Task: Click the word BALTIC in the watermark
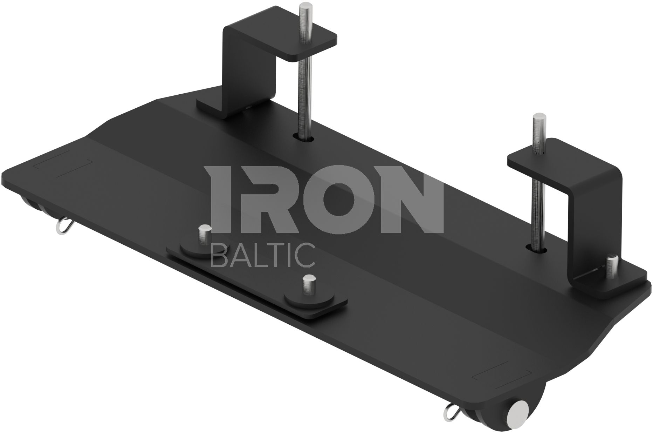[x=263, y=255]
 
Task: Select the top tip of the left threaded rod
[x=303, y=4]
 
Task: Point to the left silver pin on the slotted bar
[x=204, y=238]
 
